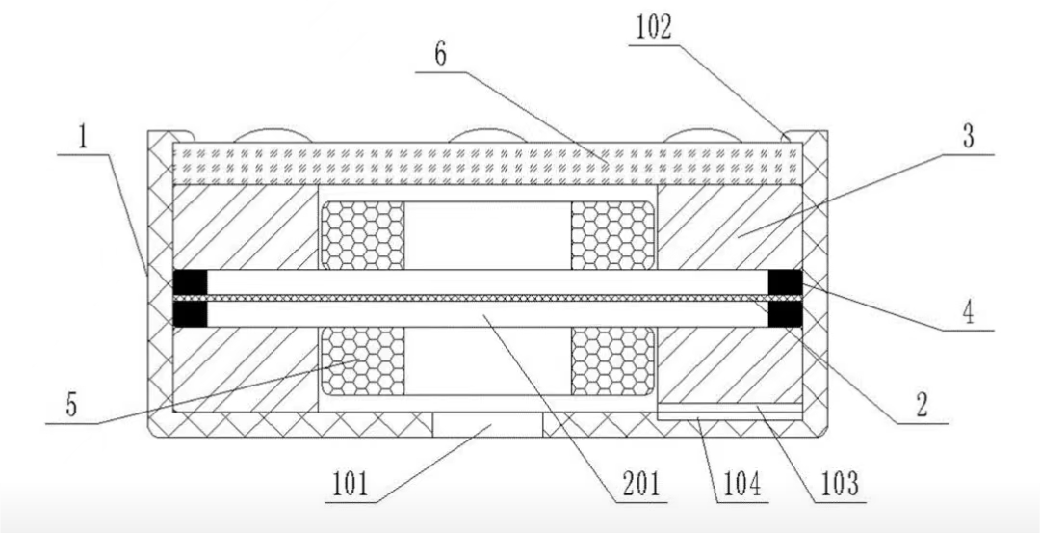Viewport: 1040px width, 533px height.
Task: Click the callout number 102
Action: pos(653,27)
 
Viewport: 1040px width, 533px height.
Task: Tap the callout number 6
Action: pos(440,55)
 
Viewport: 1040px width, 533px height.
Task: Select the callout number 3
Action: pos(969,138)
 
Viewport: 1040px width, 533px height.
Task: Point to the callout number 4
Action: pos(969,312)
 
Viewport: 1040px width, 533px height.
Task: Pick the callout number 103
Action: pos(840,484)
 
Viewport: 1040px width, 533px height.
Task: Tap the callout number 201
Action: pos(641,485)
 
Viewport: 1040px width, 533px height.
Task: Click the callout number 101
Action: pos(349,485)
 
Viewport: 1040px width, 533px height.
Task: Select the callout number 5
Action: pos(71,406)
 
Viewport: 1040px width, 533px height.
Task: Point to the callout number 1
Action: pos(83,138)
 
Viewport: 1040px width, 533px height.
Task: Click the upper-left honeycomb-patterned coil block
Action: pos(363,235)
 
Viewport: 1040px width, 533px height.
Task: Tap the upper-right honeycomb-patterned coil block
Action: pos(612,235)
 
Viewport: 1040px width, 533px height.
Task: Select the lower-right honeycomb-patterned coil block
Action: pos(612,361)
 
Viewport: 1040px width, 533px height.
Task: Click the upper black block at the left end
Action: pos(190,281)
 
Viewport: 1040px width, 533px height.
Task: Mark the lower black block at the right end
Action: pos(786,314)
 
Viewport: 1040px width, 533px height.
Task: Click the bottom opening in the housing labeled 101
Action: pos(487,424)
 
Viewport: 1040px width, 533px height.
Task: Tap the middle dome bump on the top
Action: pos(487,135)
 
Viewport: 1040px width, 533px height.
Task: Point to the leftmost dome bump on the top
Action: pos(272,135)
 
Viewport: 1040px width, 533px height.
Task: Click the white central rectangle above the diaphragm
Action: pos(487,235)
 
